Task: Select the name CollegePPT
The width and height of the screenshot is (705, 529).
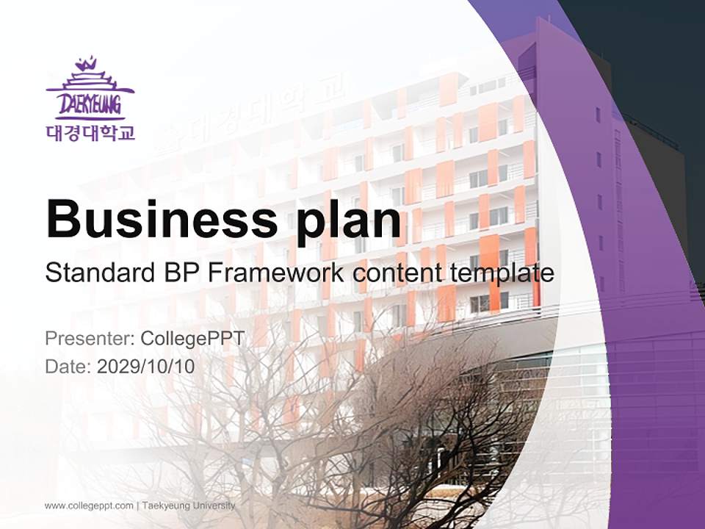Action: click(192, 339)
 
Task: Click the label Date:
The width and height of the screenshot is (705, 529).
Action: click(68, 366)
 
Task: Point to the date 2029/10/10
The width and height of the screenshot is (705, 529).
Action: click(146, 366)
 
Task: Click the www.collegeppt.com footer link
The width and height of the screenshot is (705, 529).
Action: click(89, 505)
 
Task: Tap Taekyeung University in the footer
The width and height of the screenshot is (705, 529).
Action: click(189, 505)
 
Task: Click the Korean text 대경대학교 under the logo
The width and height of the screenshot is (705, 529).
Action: click(90, 133)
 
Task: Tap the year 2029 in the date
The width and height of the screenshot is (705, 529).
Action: click(115, 366)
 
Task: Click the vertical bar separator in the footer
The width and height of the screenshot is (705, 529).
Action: click(137, 505)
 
